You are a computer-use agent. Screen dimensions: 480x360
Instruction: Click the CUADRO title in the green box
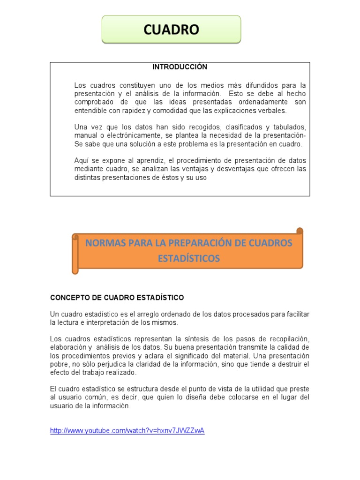click(x=171, y=30)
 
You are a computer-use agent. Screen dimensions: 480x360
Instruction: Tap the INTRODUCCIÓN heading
click(x=180, y=67)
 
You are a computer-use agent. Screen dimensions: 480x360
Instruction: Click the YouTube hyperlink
click(x=127, y=431)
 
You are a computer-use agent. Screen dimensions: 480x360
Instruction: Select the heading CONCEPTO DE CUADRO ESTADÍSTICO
click(x=117, y=298)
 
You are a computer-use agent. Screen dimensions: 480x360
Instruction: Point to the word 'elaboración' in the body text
click(x=68, y=347)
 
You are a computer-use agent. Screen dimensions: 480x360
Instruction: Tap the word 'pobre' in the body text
click(x=60, y=364)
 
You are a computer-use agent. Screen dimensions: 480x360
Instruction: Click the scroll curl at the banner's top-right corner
click(x=300, y=231)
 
